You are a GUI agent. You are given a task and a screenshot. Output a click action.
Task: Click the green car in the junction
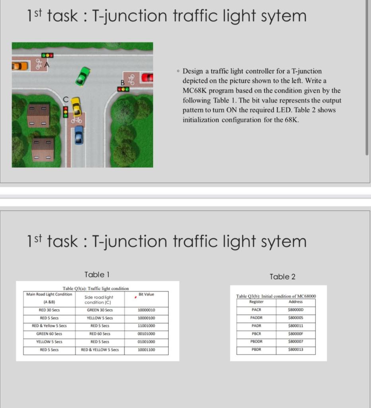pos(83,76)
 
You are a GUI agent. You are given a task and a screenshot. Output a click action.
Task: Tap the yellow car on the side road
pos(76,106)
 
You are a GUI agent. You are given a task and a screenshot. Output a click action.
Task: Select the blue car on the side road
pos(79,135)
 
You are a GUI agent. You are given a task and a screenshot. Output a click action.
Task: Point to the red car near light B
pos(147,77)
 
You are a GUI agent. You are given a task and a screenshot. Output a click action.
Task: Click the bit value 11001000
pos(146,326)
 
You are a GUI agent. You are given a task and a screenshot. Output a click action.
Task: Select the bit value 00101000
pos(146,334)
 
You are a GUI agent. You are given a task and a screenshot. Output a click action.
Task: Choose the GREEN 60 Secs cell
pos(49,334)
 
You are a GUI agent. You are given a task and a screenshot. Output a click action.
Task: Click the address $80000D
pos(295,310)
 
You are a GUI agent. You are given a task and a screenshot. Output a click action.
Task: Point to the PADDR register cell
pos(256,318)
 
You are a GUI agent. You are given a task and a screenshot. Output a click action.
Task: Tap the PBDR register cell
pos(256,350)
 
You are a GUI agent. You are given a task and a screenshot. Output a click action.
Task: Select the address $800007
pos(295,342)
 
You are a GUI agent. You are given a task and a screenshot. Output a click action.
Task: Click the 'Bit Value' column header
pos(146,294)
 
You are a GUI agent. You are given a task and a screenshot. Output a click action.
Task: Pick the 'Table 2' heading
pos(282,277)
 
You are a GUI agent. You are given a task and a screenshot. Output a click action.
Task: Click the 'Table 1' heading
pos(97,275)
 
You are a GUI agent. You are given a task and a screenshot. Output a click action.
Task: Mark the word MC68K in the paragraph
pos(194,90)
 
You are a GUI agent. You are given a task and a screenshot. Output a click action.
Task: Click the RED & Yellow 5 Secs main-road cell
pos(49,326)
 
